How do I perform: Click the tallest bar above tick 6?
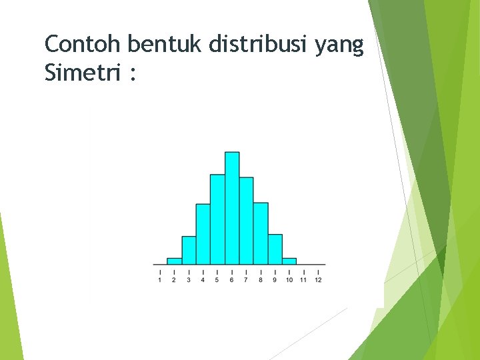232,208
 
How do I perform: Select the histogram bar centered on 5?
217,219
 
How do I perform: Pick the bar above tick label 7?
246,221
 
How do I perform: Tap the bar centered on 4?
203,234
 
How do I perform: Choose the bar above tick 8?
261,233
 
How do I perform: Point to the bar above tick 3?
189,250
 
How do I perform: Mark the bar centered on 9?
275,249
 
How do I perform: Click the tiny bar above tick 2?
174,261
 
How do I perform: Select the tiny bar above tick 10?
289,261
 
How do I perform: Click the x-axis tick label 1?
160,280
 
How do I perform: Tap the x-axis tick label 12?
318,280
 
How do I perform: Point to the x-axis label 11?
303,280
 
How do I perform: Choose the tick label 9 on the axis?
275,280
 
